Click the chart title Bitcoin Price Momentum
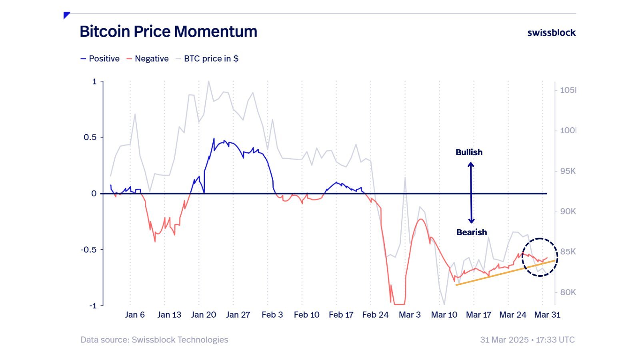[x=168, y=32]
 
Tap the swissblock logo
[x=551, y=33]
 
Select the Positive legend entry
[x=100, y=59]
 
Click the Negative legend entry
[x=148, y=59]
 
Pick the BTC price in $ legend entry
[x=207, y=59]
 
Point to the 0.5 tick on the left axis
[x=90, y=137]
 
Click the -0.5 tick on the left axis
[x=89, y=250]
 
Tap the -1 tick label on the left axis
[x=92, y=306]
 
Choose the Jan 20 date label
[x=204, y=315]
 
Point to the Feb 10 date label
[x=307, y=315]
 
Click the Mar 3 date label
[x=410, y=315]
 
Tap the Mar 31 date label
[x=547, y=315]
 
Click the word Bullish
[x=469, y=152]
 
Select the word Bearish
[x=472, y=232]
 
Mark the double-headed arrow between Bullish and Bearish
[x=471, y=193]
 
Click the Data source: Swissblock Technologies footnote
[x=154, y=340]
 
